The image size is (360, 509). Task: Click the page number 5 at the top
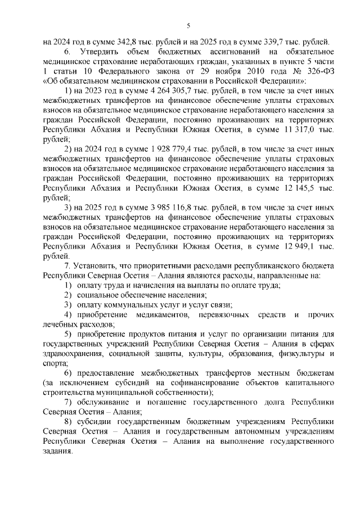tap(188, 24)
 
